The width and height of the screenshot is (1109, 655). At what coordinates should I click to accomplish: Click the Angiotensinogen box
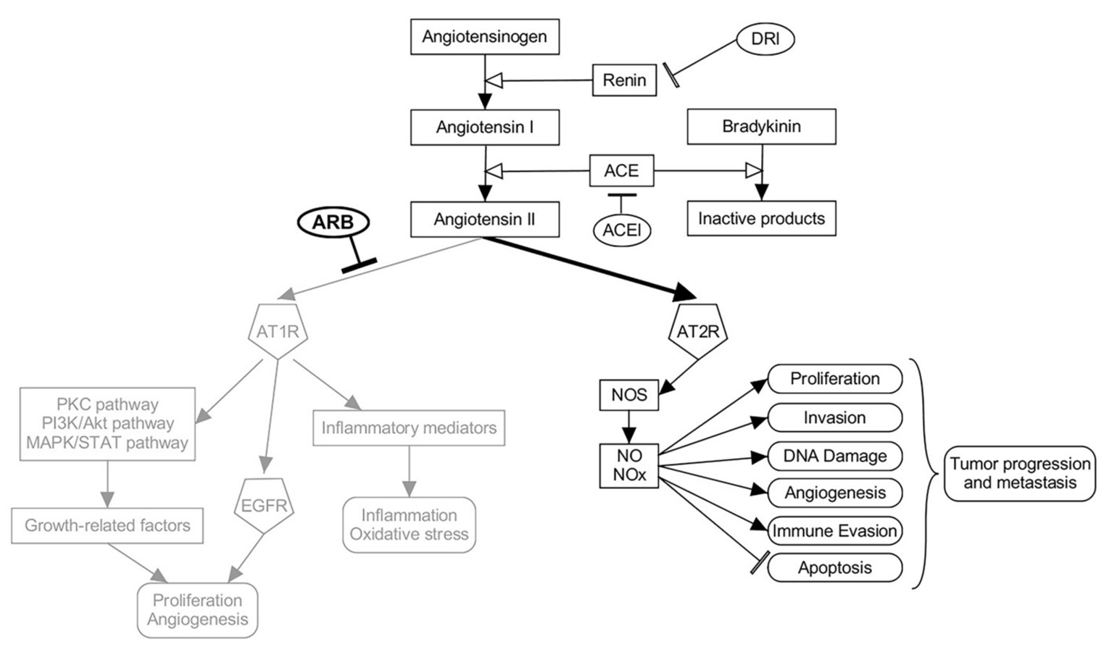click(x=484, y=37)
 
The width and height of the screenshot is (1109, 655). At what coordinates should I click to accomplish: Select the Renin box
click(x=624, y=80)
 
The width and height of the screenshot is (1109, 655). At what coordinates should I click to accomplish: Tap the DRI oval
click(x=765, y=39)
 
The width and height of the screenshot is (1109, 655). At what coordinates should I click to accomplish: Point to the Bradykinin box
click(x=761, y=127)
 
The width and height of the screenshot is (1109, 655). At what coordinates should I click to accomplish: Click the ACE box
click(x=621, y=171)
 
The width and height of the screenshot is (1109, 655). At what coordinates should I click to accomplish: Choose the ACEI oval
click(x=621, y=231)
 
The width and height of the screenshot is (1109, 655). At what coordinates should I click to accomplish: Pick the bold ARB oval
click(x=333, y=222)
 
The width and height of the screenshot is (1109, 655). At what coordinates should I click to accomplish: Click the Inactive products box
click(x=761, y=219)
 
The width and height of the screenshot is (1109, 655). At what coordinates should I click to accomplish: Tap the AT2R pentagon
click(x=697, y=330)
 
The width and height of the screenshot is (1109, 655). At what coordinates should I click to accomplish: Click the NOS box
click(x=628, y=396)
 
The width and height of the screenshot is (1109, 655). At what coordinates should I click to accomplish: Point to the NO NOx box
click(x=628, y=465)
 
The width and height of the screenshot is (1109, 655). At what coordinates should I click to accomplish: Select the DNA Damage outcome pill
click(x=834, y=456)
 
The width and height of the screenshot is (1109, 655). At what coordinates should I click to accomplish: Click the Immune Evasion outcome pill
click(x=834, y=531)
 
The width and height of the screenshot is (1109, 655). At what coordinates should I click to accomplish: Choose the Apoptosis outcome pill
click(x=834, y=568)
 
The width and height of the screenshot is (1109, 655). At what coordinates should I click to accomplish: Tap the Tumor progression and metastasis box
click(x=1019, y=473)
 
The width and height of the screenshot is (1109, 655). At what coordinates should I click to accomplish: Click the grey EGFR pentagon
click(x=264, y=505)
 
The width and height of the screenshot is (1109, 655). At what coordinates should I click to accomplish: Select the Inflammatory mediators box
click(x=409, y=428)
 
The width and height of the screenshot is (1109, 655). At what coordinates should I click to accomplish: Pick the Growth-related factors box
click(x=107, y=526)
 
